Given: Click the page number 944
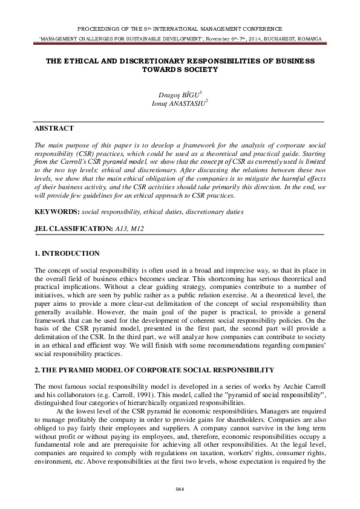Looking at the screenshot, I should tap(180, 489).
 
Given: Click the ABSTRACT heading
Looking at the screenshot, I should tap(54, 128).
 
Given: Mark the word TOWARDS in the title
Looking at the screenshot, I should tap(159, 70).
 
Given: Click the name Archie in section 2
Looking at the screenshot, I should tap(288, 385).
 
